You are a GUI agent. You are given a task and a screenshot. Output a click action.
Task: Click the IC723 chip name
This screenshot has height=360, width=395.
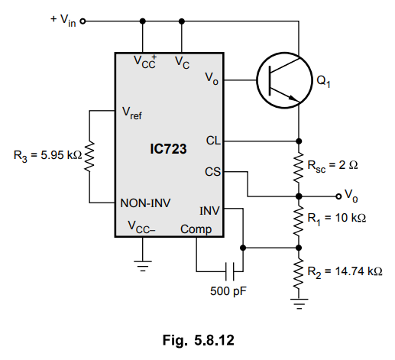[168, 149]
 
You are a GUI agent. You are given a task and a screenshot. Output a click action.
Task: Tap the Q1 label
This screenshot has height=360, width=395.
[323, 82]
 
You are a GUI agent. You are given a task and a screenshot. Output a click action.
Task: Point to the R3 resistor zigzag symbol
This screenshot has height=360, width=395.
[89, 157]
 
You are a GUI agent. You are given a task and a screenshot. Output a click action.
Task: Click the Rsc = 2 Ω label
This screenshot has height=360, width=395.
[332, 166]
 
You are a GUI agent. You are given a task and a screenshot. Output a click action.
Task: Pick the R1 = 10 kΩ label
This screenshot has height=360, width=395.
[336, 219]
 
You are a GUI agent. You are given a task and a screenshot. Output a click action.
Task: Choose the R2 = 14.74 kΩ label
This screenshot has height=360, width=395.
[345, 271]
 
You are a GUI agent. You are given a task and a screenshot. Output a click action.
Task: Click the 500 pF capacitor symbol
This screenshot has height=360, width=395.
[230, 271]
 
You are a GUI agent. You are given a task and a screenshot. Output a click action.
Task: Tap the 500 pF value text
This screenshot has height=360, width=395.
[228, 291]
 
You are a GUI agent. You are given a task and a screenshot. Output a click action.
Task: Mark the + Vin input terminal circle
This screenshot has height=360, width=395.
[83, 21]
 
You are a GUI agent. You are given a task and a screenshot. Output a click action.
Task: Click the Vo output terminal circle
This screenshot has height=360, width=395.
[338, 196]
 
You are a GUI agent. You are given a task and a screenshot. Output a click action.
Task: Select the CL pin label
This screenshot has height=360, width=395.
[213, 141]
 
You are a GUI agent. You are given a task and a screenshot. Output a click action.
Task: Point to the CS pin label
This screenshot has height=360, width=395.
[212, 172]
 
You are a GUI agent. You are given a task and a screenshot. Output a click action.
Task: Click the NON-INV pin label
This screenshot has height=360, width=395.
[145, 203]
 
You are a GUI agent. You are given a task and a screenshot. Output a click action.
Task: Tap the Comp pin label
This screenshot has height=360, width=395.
[196, 229]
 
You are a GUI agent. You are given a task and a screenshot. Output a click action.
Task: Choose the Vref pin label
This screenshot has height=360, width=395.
[132, 113]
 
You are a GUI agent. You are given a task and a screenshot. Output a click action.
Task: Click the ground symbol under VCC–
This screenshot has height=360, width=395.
[143, 266]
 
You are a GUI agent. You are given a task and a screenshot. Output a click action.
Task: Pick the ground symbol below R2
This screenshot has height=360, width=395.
[299, 303]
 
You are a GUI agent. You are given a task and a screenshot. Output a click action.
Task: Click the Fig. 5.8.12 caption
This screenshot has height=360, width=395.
[199, 340]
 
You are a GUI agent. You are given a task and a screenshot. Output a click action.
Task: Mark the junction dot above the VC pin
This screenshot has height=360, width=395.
[182, 21]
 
